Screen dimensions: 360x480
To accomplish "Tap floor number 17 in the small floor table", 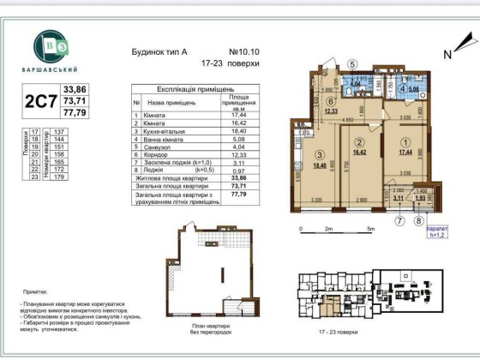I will click(x=34, y=131).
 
